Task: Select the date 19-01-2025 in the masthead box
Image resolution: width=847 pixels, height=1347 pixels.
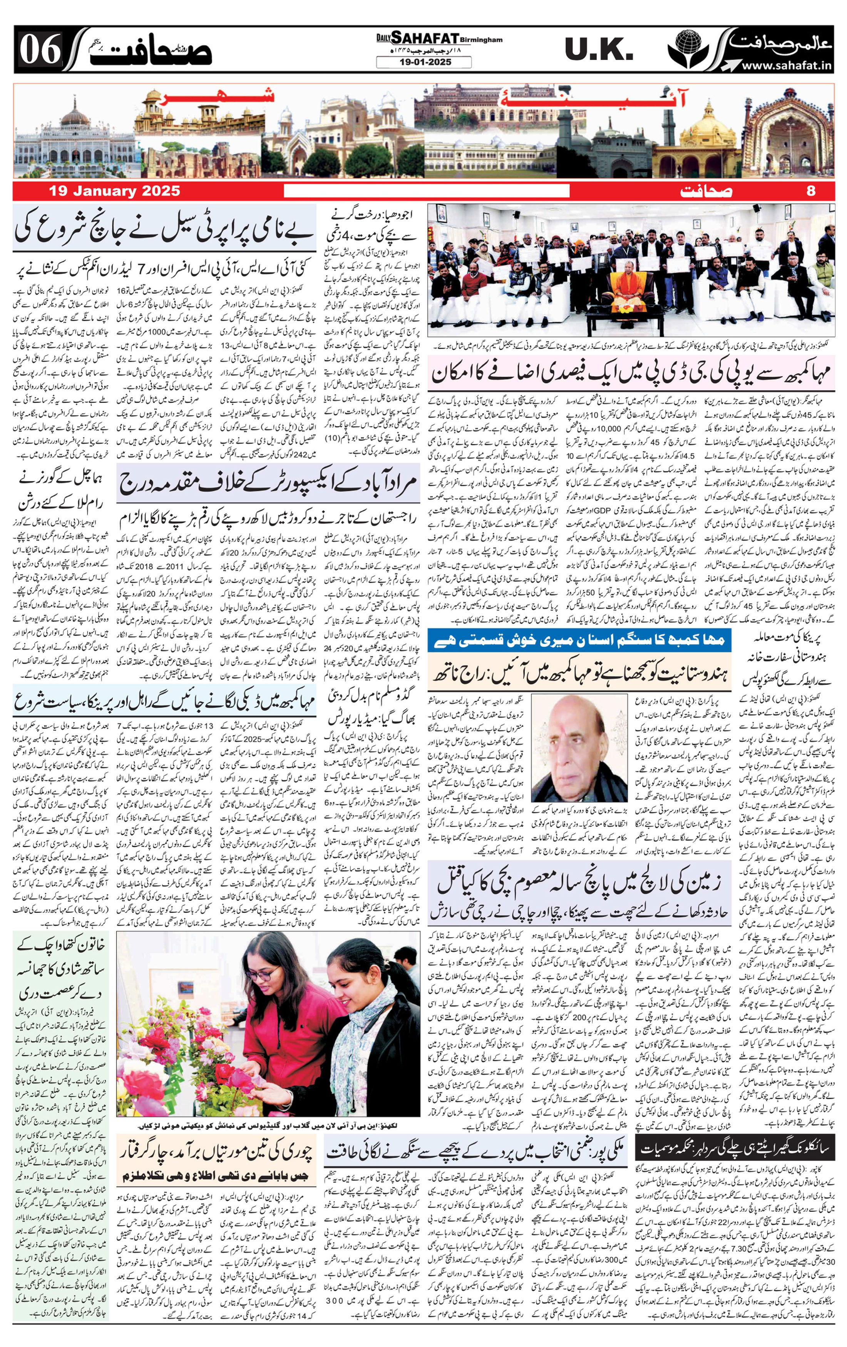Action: [423, 63]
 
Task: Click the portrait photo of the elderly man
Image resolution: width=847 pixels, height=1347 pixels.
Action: [578, 747]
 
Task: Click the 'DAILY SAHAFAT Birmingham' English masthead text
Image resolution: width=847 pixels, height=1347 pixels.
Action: [439, 39]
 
